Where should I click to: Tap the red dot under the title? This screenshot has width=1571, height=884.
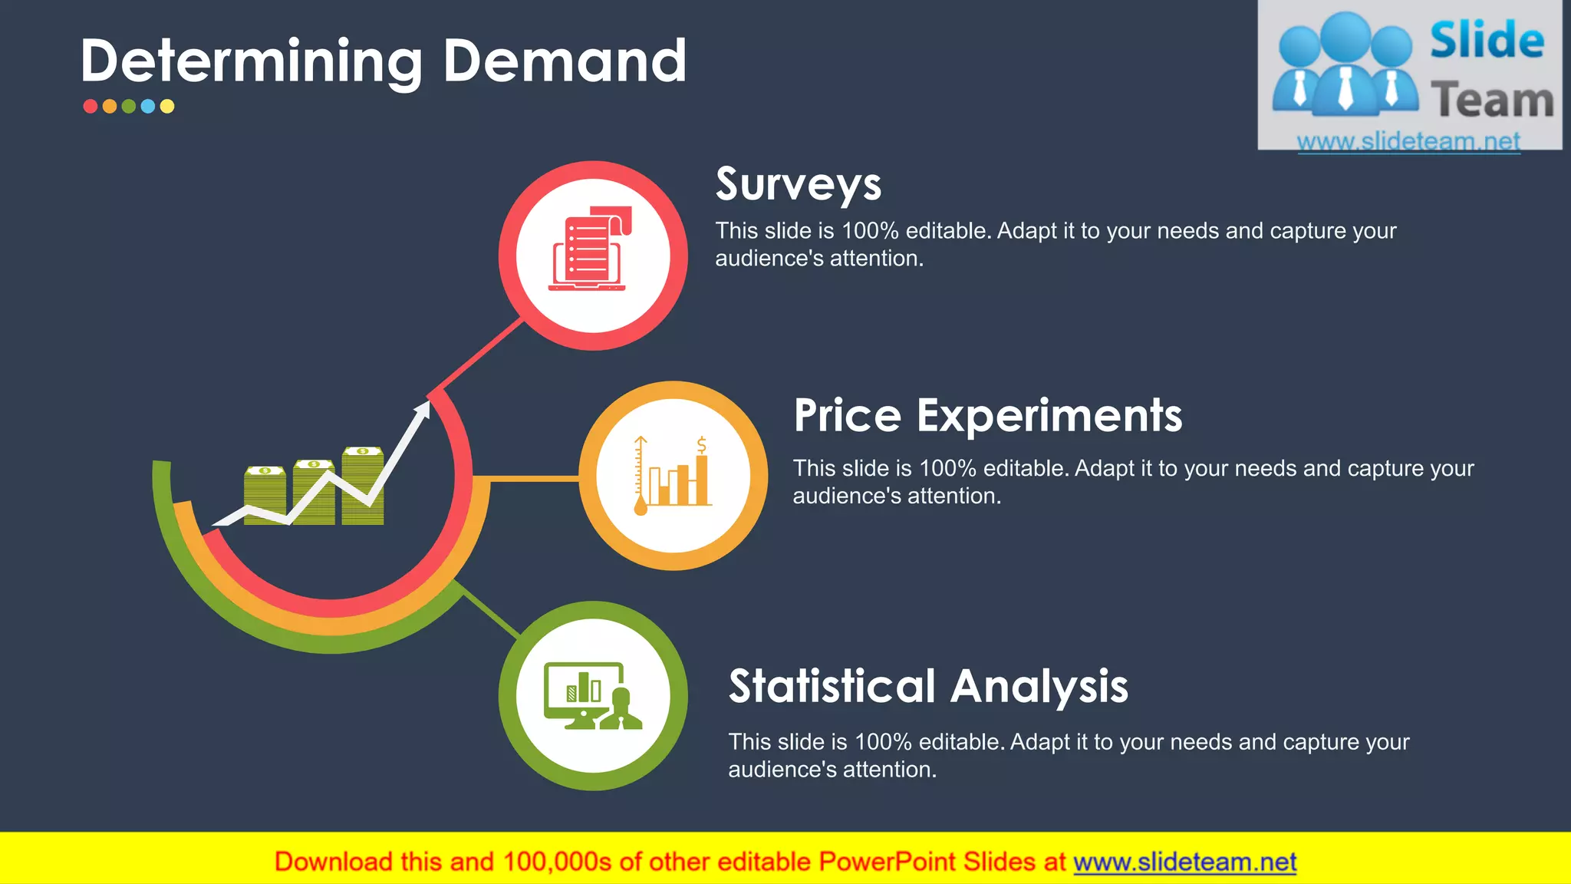point(91,107)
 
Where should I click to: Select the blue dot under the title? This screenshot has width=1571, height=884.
point(148,107)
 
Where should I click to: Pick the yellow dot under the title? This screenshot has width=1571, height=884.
point(167,107)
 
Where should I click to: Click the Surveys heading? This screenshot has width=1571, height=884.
point(799,185)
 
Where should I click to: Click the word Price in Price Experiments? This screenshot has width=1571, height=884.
point(847,416)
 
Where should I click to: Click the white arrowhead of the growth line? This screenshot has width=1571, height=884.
point(423,410)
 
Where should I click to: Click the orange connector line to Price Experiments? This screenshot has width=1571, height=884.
point(534,479)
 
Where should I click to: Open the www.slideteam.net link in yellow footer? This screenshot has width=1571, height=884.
point(1184,863)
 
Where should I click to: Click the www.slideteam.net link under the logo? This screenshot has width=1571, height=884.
point(1408,141)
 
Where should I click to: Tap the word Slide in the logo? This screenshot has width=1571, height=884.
point(1487,40)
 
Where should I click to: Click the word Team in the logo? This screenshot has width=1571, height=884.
point(1492,101)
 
